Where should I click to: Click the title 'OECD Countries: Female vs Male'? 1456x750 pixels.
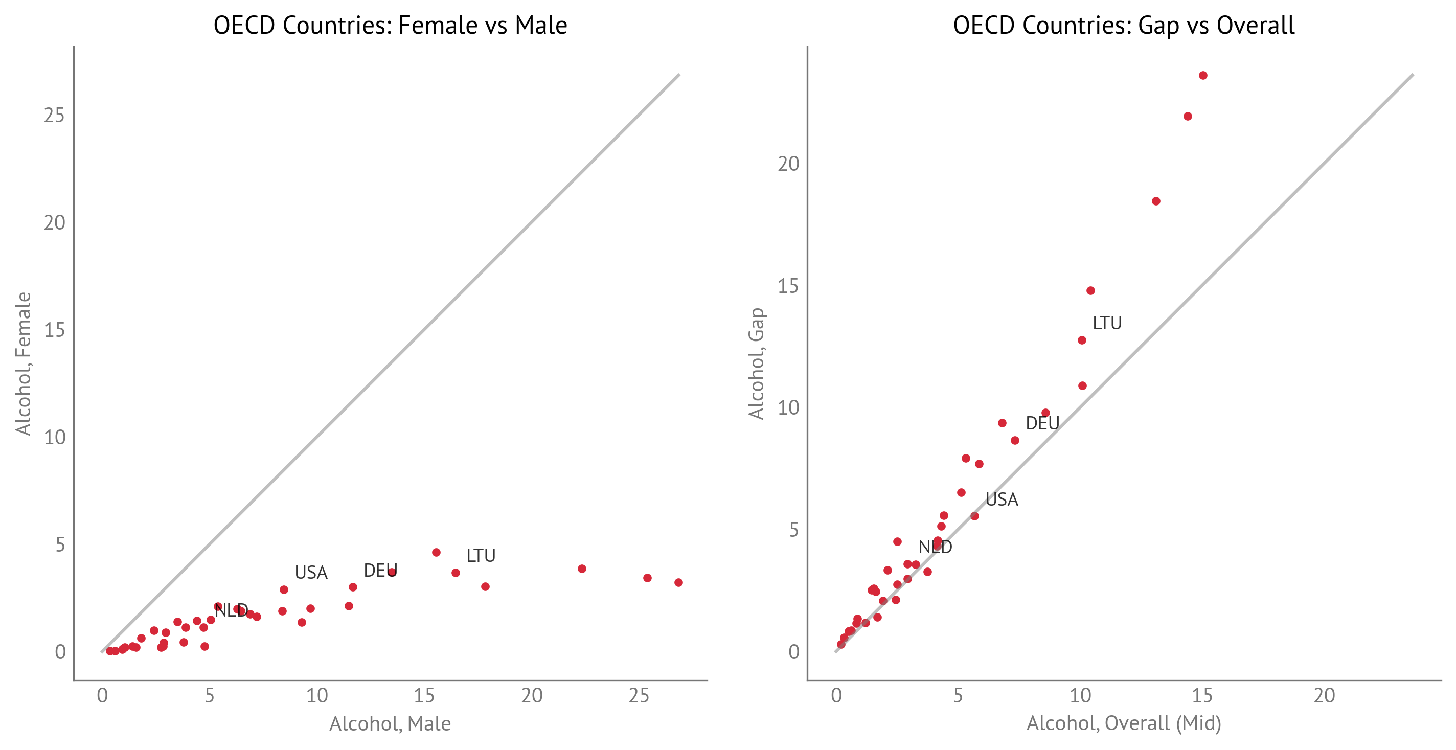click(390, 26)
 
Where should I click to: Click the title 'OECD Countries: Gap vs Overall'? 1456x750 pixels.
click(1124, 26)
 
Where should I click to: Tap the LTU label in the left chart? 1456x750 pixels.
click(481, 556)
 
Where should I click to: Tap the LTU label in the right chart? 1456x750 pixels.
click(1107, 323)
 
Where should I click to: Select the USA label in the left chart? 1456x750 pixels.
click(311, 573)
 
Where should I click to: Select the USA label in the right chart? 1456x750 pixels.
click(1002, 499)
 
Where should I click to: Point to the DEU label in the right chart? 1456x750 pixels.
click(1042, 423)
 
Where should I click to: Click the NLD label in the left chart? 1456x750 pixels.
click(231, 610)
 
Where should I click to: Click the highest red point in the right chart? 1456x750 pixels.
click(1203, 76)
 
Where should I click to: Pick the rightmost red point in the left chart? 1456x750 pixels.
click(679, 583)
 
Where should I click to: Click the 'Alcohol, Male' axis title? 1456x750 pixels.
click(390, 724)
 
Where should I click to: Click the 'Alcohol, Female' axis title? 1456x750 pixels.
click(23, 363)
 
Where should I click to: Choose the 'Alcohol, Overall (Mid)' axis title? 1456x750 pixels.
click(1124, 723)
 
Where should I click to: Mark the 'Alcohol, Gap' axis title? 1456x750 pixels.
click(756, 363)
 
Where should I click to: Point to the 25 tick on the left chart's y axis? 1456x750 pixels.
click(54, 116)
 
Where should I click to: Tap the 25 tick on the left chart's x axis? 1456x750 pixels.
click(639, 696)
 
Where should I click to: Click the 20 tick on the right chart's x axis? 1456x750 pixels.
click(1324, 696)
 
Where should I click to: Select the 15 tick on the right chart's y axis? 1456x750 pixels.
click(788, 286)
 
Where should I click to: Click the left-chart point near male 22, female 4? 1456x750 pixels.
click(582, 569)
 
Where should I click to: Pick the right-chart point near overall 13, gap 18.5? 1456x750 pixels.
click(1156, 201)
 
